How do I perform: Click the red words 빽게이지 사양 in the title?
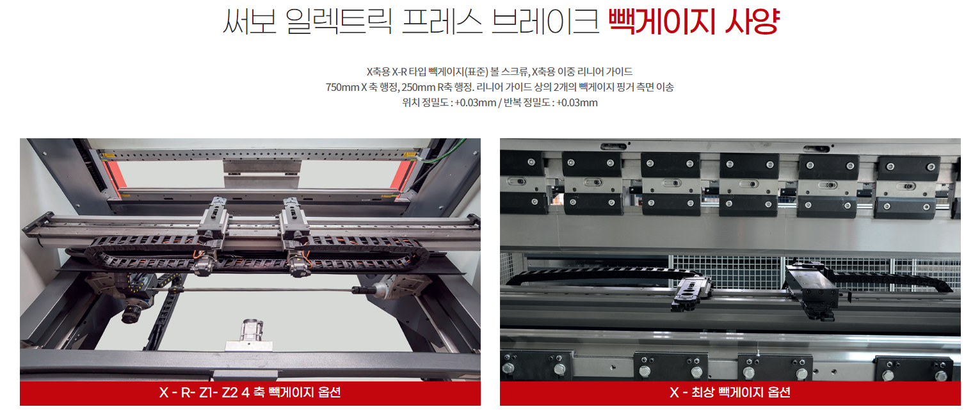[694, 21]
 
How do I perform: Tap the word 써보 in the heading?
[250, 21]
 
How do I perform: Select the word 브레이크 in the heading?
[545, 21]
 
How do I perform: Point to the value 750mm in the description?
[342, 87]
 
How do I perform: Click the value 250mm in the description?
[418, 87]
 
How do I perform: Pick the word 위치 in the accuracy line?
[410, 103]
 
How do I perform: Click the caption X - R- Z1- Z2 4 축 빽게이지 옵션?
[250, 392]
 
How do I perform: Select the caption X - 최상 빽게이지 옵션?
[730, 392]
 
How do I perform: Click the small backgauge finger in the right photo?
[693, 294]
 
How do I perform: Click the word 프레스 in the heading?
[442, 21]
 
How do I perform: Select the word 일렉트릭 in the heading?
[339, 21]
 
